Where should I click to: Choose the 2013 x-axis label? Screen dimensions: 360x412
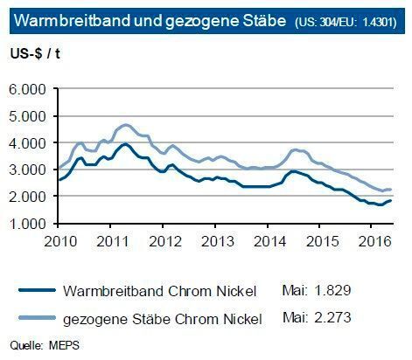pos(219,240)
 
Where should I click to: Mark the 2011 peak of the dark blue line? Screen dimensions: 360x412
pos(125,144)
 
